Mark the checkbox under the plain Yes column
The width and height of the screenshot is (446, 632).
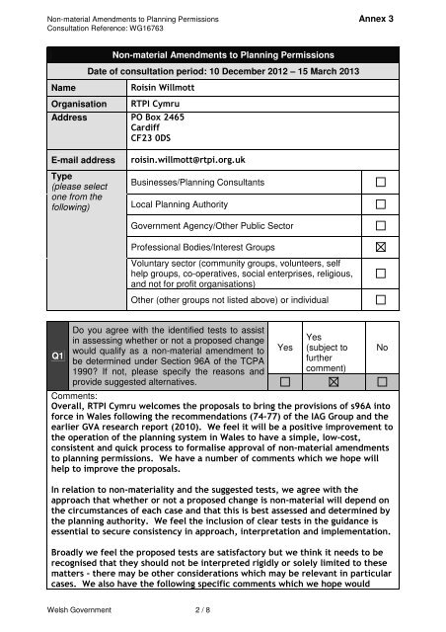click(x=283, y=407)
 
